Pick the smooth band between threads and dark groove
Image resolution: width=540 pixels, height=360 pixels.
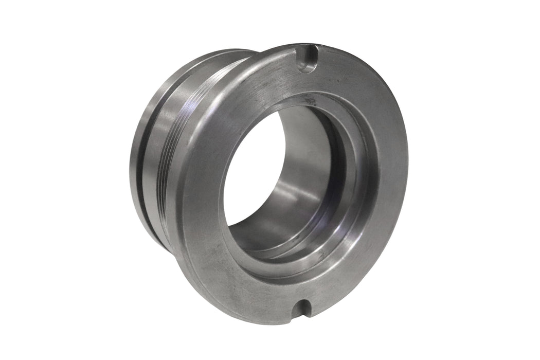tap(165, 154)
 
